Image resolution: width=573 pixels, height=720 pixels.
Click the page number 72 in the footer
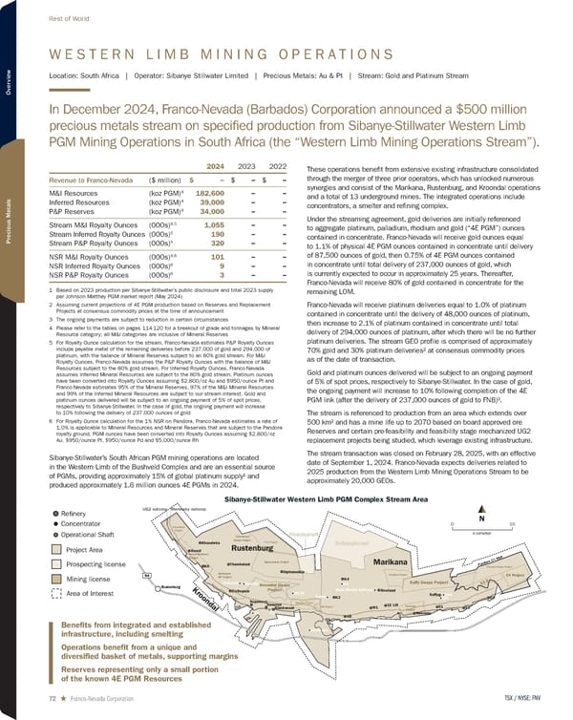point(38,700)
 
